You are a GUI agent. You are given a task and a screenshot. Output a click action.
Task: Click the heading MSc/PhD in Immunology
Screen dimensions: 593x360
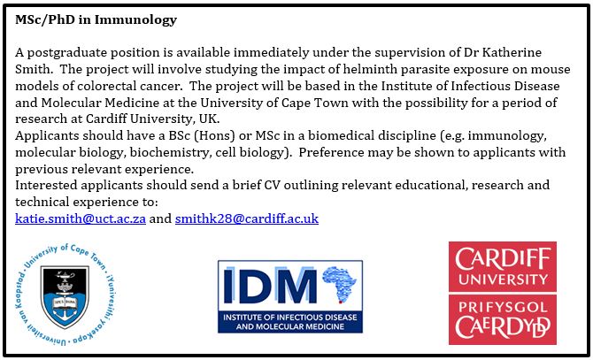96,19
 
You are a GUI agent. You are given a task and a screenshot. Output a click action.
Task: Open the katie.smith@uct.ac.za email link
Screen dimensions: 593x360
81,218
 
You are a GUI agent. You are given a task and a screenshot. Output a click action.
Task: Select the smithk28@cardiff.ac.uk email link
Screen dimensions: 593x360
247,218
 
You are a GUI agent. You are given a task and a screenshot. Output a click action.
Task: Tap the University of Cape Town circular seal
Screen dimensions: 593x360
65,295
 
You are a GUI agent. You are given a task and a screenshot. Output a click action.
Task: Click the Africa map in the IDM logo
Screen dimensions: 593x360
339,284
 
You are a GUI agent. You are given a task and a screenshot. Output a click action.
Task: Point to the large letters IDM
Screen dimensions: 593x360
271,286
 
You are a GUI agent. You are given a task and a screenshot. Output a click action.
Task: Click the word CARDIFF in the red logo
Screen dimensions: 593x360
503,259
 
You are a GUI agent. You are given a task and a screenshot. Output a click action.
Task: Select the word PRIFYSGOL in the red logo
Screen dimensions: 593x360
503,307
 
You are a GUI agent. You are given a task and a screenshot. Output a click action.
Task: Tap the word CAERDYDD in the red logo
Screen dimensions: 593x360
503,327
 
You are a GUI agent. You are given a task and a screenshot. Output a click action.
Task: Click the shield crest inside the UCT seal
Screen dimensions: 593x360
65,295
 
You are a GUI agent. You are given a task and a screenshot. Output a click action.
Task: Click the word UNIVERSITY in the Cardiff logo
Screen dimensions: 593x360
503,280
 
